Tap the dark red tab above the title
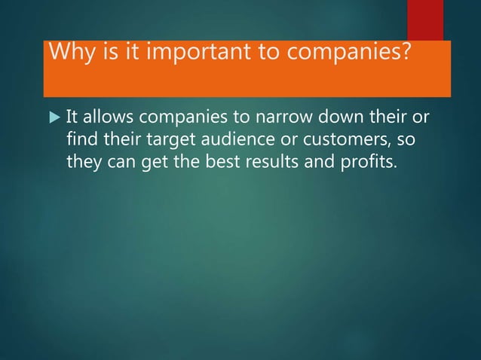point(425,20)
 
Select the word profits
point(363,162)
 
